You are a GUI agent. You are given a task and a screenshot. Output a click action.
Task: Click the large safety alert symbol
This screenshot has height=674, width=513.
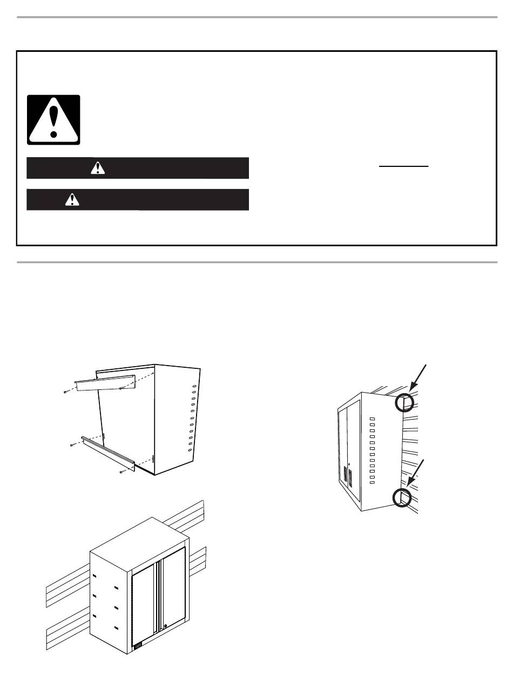pyautogui.click(x=54, y=120)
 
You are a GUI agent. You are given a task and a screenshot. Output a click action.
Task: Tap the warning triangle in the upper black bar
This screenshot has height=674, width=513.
pyautogui.click(x=98, y=168)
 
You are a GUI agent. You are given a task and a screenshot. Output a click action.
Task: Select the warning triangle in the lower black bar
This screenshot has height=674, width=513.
pyautogui.click(x=71, y=199)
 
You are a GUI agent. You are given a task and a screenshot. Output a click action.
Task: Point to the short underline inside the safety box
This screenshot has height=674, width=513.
pyautogui.click(x=403, y=166)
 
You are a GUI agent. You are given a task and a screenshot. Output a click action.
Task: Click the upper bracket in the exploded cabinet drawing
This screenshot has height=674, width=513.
pyautogui.click(x=105, y=382)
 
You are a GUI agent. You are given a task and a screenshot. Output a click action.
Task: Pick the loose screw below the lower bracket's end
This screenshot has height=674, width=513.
pyautogui.click(x=122, y=472)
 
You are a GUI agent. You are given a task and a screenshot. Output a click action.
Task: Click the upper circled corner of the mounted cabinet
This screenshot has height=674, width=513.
pyautogui.click(x=405, y=403)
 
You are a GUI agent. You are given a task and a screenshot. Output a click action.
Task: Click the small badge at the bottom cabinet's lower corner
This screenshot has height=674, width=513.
pyautogui.click(x=137, y=644)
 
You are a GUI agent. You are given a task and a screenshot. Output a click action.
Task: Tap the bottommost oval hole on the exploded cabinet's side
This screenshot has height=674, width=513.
pyautogui.click(x=190, y=450)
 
